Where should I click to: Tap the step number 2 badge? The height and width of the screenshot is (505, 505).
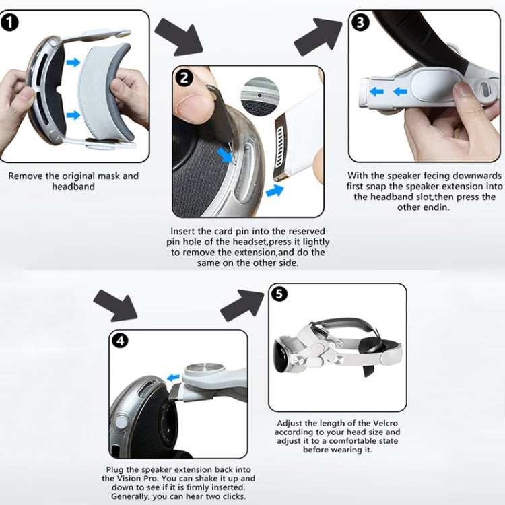(x=184, y=77)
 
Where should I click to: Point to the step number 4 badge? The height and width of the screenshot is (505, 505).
(x=121, y=341)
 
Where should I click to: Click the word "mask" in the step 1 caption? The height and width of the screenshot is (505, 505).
(x=110, y=176)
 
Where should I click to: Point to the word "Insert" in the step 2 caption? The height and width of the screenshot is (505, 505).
(x=184, y=232)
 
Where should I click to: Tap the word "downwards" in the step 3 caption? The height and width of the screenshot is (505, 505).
(x=470, y=175)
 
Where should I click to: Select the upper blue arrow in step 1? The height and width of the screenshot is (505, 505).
(x=73, y=63)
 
